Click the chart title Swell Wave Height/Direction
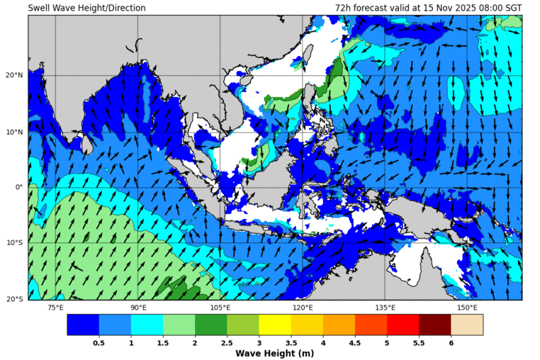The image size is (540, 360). click(87, 8)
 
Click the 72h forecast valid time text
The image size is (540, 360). click(429, 8)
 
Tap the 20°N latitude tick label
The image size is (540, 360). click(15, 75)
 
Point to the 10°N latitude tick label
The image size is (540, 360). click(15, 131)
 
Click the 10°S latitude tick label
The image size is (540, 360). click(15, 243)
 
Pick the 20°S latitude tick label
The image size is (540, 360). click(15, 299)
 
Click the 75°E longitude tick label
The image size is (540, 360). click(55, 308)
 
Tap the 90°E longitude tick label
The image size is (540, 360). click(138, 308)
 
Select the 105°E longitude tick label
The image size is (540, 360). click(220, 308)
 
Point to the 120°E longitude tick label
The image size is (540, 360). click(303, 308)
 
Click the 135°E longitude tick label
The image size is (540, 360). click(385, 308)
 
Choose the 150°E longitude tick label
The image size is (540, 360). click(467, 308)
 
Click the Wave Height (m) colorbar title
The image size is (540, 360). click(274, 353)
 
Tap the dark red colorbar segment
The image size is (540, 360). click(434, 325)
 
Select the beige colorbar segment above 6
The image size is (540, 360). click(467, 325)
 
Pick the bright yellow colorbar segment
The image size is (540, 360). click(274, 325)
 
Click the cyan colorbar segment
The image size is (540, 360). click(147, 325)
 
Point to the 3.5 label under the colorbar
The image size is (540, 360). click(291, 342)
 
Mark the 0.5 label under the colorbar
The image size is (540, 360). click(99, 342)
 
